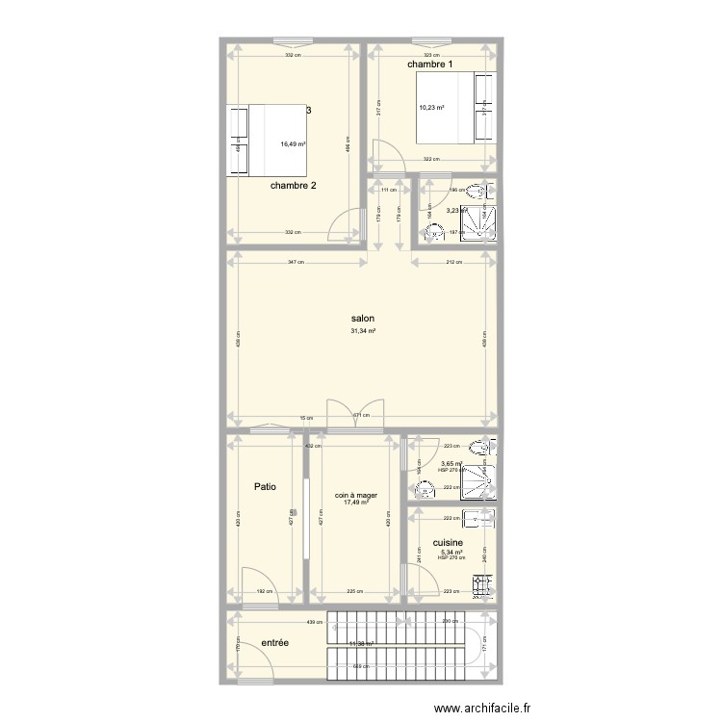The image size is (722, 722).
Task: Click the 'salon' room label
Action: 362,319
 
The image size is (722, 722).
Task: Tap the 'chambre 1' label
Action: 429,64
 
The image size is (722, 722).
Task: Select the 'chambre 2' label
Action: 294,186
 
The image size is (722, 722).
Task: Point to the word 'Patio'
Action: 265,487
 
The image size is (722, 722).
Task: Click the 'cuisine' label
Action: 450,543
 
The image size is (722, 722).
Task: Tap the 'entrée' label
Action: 276,642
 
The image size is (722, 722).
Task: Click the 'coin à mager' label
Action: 355,496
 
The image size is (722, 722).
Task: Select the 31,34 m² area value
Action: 363,331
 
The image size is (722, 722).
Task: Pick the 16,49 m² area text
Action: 293,144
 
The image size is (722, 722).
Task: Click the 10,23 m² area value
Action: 430,108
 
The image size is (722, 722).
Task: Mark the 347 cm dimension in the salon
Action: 297,262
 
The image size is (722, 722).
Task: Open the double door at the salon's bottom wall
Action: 342,417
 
